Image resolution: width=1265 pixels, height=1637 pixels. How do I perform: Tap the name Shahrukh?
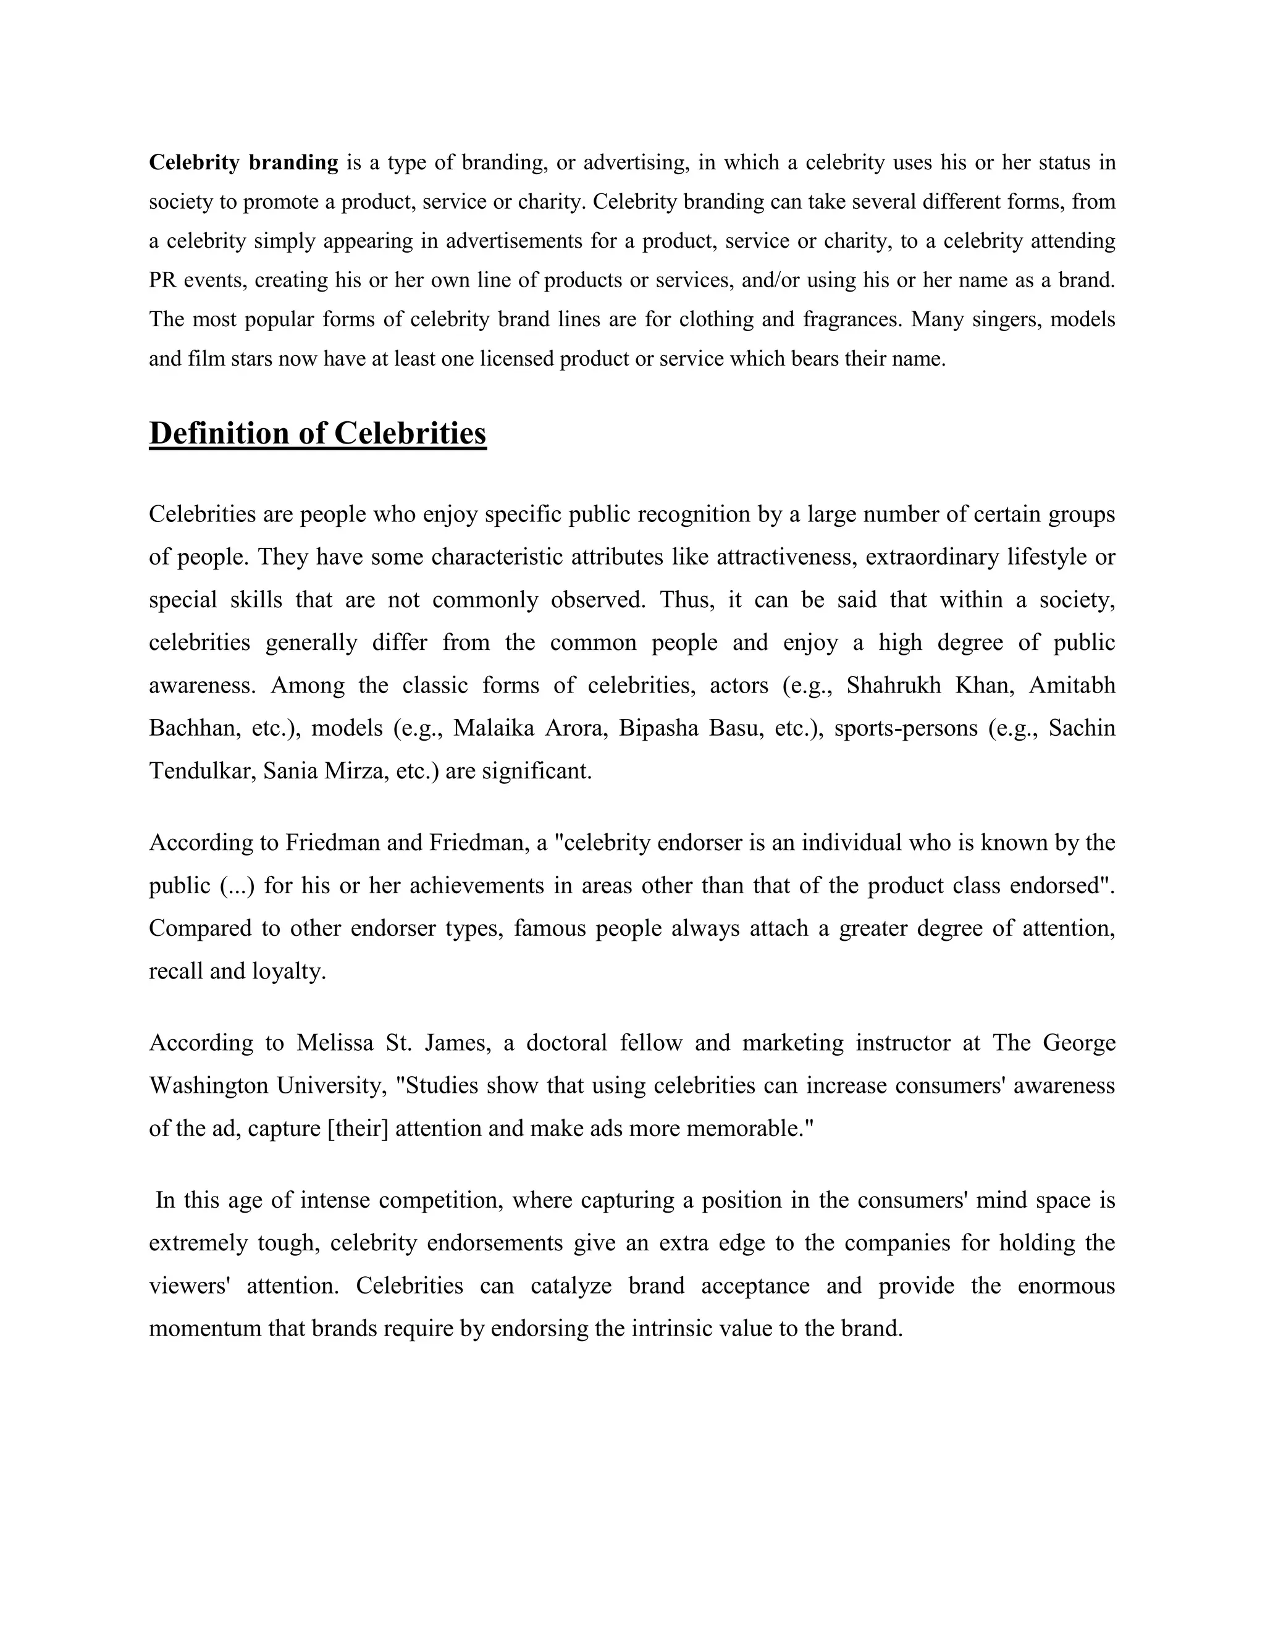(893, 686)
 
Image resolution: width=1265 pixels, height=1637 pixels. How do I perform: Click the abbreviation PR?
(162, 280)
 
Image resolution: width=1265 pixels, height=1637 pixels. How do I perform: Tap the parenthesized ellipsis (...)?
(238, 886)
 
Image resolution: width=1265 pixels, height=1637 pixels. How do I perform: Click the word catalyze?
(570, 1286)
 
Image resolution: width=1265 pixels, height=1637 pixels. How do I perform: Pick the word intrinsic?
(671, 1329)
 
